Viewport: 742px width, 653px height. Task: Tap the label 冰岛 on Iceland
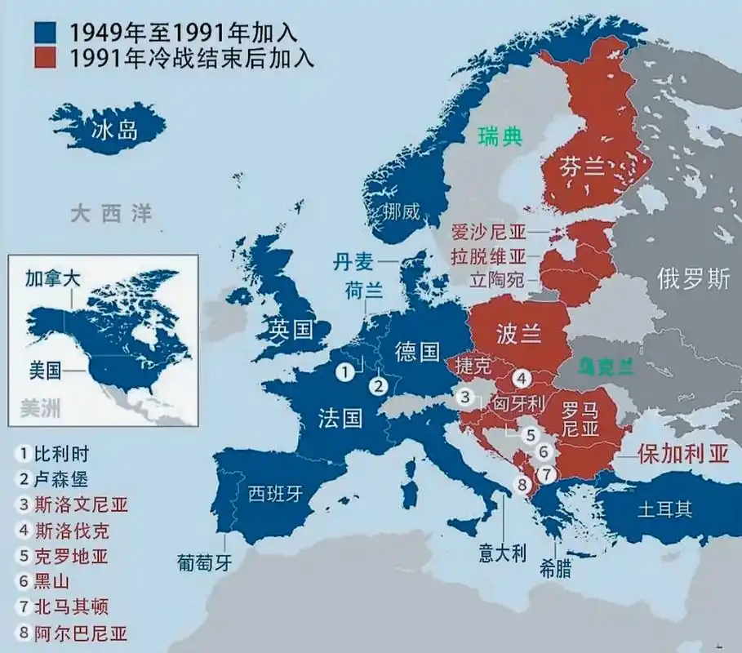pos(116,130)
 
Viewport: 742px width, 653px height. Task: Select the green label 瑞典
pos(500,136)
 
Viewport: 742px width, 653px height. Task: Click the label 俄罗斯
pos(693,279)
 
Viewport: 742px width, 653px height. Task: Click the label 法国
pos(340,418)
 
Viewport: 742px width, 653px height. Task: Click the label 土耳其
pos(664,509)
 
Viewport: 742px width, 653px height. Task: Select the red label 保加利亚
pos(683,455)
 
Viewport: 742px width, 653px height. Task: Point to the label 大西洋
pos(111,215)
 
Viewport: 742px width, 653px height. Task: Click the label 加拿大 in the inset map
pos(53,278)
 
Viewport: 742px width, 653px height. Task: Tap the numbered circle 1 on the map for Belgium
pos(347,371)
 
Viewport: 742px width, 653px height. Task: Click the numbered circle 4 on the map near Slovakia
pos(522,378)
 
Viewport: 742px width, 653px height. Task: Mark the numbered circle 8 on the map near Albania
pos(523,485)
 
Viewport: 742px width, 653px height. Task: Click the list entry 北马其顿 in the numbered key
pos(71,606)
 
